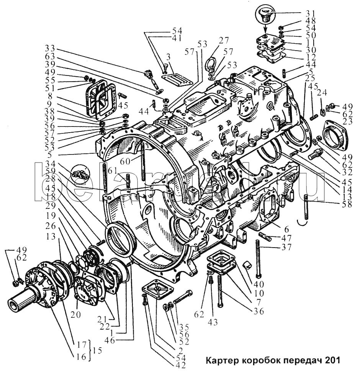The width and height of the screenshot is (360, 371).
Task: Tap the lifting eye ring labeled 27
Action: coord(211,63)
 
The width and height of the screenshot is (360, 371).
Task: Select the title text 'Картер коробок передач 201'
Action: coord(273,360)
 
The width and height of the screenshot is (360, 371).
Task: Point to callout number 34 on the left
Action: coord(50,164)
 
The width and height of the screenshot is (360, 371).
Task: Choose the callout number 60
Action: coord(126,162)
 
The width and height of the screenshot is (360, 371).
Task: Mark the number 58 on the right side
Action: coord(347,204)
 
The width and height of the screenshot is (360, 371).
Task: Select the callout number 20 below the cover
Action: coord(75,314)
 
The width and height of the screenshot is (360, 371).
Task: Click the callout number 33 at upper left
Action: coord(50,49)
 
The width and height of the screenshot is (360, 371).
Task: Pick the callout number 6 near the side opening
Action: coord(286,229)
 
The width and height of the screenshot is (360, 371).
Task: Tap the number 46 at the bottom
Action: coord(109,340)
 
